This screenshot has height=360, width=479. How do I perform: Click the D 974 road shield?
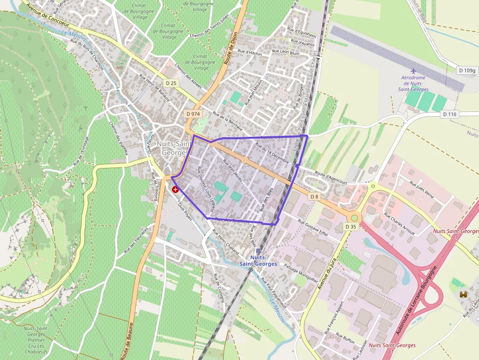pos(193,113)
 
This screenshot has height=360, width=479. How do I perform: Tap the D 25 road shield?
pos(171,83)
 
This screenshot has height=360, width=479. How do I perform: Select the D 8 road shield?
pos(314,196)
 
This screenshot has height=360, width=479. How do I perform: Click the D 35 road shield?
pos(350,227)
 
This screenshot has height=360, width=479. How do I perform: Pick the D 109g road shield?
pos(467,70)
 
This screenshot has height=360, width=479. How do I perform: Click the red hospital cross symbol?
pos(175,190)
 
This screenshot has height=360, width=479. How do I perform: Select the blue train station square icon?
pos(258,251)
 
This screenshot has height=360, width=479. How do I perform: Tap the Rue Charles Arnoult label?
pos(399,224)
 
